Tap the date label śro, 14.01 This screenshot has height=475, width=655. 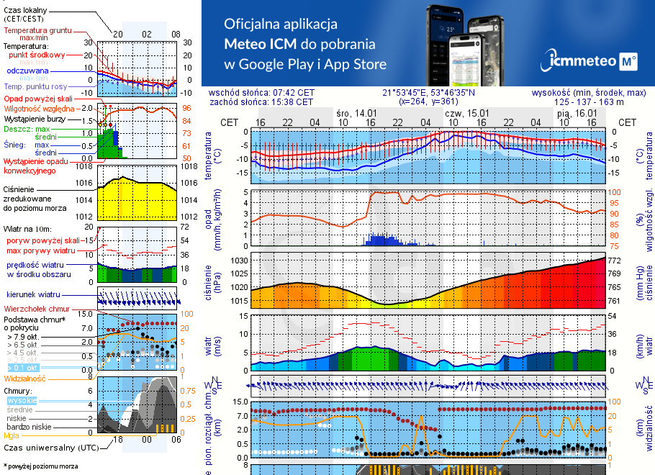pos(356,113)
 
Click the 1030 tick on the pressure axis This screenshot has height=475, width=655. pos(239,261)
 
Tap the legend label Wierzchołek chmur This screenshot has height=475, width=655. pos(35,308)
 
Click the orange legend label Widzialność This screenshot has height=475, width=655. pos(25,377)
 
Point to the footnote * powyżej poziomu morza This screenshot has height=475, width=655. pos(40,466)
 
